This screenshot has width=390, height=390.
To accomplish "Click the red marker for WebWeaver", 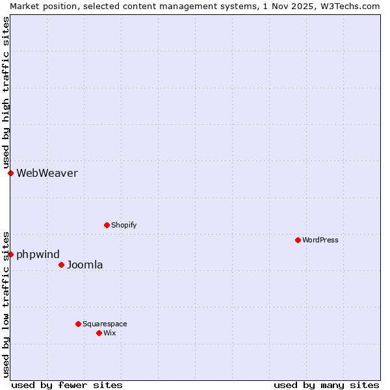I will (x=10, y=173).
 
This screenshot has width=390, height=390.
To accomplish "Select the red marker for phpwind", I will (x=10, y=254).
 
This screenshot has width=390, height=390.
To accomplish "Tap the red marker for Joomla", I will (x=61, y=265).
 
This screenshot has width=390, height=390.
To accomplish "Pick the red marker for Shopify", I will (x=107, y=225).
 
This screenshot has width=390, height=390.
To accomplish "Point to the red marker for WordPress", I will (x=298, y=240).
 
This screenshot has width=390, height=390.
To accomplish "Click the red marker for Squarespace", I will (x=78, y=324).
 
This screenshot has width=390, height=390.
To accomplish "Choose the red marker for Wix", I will (x=99, y=333).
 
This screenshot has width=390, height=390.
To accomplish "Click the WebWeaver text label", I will (x=47, y=173).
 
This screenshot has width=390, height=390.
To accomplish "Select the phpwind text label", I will (x=38, y=254).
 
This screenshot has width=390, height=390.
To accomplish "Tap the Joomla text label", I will (x=84, y=265).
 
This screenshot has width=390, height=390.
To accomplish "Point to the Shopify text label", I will (x=123, y=225).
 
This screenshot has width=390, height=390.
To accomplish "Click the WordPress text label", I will (x=320, y=240).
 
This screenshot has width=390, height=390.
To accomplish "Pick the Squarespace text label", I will (x=105, y=324).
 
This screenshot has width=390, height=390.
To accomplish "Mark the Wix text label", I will (x=109, y=333).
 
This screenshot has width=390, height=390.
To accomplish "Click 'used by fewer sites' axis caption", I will (x=67, y=385).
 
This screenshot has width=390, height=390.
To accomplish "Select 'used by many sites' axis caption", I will (x=326, y=385).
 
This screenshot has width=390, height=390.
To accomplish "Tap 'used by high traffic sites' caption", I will (x=6, y=93).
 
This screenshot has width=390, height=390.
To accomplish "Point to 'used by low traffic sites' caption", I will (x=6, y=304).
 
